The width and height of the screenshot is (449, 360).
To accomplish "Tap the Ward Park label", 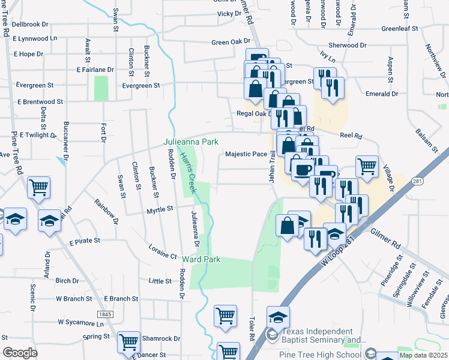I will coord(202,260).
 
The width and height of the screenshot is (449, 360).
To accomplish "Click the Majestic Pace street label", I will coord(246,154).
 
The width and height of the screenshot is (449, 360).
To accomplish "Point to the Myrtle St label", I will coord(160,209).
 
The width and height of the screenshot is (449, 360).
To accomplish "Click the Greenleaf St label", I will coord(399,28).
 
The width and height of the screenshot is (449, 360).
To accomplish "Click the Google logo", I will coord(20,352).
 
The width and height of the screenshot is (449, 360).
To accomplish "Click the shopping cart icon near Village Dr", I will coord(367,166).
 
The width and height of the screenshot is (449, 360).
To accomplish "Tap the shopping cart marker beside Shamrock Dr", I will coord(128,341).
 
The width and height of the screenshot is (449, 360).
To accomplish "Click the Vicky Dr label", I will coord(229,13).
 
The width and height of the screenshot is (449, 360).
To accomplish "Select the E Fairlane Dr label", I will coord(95,70).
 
